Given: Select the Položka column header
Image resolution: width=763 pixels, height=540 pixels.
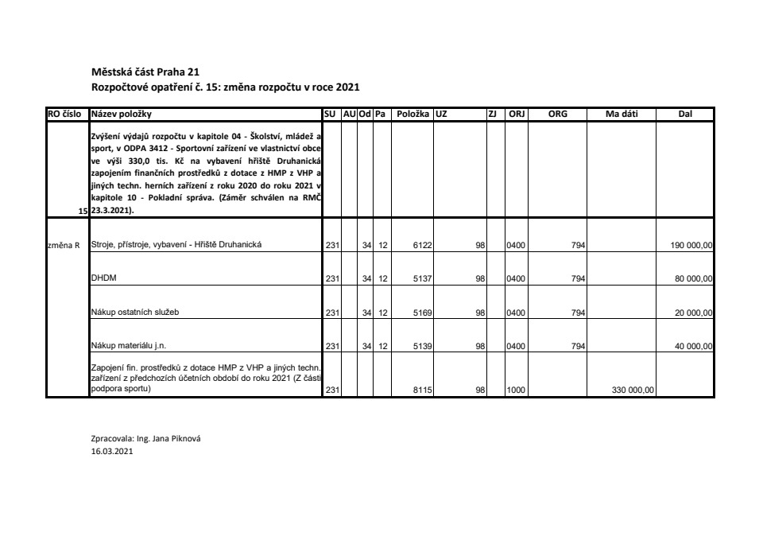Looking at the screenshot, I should tap(413, 115).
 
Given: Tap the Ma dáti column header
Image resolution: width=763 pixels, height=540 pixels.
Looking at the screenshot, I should tap(622, 115).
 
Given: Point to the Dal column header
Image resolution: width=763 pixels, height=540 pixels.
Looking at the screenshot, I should tap(685, 115).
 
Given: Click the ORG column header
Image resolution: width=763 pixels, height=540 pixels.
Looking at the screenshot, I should tap(558, 115).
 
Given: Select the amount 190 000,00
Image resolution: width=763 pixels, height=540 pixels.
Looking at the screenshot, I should tap(691, 245).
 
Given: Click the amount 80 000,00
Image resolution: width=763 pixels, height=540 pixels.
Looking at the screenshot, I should tap(694, 278).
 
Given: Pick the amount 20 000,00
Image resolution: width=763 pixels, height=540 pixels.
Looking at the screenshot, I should tap(694, 313).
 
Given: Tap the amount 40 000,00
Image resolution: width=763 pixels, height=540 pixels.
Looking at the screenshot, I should tap(694, 346).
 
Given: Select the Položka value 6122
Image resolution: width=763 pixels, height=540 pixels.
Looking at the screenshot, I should tap(423, 245).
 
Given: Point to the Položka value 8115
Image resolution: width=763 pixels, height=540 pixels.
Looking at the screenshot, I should tap(423, 390).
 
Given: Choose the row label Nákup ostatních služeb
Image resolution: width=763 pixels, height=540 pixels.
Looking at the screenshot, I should tap(135, 312).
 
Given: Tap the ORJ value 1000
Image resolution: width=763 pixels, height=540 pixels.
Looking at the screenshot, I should tap(517, 390).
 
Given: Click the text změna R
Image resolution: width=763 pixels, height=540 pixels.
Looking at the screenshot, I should tap(64, 245).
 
